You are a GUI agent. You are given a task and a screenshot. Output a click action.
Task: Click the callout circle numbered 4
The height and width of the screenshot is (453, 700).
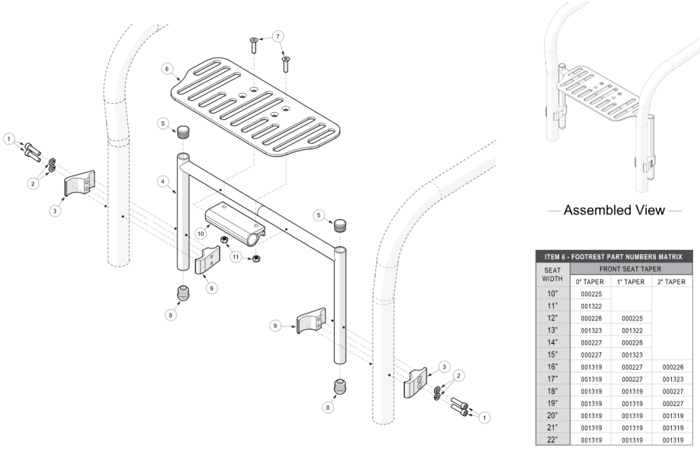(x=162, y=181)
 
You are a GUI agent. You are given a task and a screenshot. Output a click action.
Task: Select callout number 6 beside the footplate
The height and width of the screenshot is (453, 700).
(x=167, y=69)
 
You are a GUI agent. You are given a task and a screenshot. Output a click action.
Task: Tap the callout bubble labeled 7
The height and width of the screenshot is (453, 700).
(x=278, y=36)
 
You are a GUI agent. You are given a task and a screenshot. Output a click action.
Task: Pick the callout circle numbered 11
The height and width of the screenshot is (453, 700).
(x=235, y=258)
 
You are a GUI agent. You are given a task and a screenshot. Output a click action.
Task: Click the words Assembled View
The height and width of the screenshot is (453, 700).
(x=614, y=210)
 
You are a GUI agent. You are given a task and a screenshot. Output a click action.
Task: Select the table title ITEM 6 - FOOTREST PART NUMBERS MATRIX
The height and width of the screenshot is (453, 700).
(x=614, y=256)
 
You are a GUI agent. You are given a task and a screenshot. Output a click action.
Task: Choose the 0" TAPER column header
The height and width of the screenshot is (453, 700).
(x=591, y=281)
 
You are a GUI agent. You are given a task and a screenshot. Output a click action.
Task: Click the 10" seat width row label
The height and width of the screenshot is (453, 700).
(x=553, y=294)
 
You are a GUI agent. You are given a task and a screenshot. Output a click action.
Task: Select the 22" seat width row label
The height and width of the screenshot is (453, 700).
(x=553, y=439)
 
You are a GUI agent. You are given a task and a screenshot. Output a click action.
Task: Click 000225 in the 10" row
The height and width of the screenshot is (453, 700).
(x=591, y=294)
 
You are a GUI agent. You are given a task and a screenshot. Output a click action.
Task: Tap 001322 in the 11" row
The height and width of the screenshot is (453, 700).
(x=591, y=306)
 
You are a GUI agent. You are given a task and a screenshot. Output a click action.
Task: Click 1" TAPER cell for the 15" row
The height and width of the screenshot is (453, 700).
(x=632, y=354)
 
